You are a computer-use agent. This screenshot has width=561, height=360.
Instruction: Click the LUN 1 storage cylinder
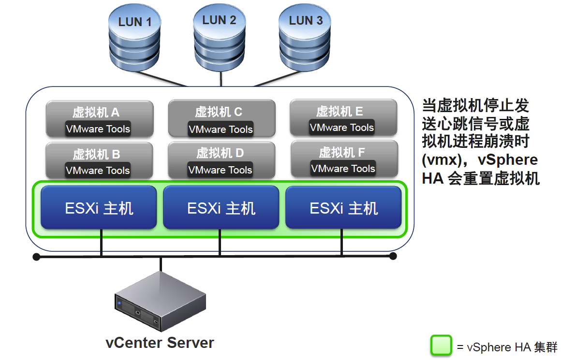pos(134,38)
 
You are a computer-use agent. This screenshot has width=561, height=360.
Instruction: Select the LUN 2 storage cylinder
pos(219,38)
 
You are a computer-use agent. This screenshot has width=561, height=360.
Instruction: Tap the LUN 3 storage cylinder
pos(305,38)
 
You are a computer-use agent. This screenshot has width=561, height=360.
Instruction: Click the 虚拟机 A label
pos(96,112)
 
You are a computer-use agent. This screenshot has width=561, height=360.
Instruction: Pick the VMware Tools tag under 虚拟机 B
pos(98,170)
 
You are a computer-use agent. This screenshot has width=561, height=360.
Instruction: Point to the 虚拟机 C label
pos(219,112)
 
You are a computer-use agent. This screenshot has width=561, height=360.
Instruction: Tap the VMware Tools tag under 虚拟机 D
pos(220,170)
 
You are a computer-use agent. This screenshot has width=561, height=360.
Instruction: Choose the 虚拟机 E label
pos(340,111)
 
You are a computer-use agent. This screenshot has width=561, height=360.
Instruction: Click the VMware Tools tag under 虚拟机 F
pos(343,168)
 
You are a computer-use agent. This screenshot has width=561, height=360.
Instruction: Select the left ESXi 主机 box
pos(99,207)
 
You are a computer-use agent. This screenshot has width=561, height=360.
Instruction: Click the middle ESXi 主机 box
pos(221,207)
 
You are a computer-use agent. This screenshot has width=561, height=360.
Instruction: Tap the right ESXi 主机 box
pos(343,207)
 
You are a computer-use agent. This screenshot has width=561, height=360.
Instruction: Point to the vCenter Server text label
pos(160,343)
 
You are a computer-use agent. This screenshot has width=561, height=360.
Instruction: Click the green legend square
pos(441,345)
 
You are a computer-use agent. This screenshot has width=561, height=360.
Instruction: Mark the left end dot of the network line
pos(36,257)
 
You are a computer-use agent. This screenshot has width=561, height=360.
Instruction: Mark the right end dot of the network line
pos(393,256)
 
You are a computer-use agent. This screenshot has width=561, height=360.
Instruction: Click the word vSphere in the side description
pos(508,159)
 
